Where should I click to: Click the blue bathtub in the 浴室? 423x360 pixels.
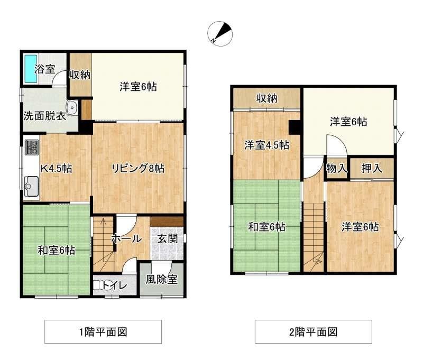pyautogui.click(x=31, y=69)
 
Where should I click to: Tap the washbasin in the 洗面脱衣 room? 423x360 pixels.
pyautogui.click(x=72, y=108)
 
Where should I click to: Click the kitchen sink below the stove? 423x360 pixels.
pyautogui.click(x=32, y=186)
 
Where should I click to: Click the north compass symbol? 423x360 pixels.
pyautogui.click(x=220, y=34)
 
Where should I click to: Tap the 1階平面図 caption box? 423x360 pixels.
pyautogui.click(x=103, y=331)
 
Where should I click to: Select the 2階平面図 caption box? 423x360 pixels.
pyautogui.click(x=314, y=331)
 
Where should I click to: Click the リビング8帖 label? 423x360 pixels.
pyautogui.click(x=138, y=168)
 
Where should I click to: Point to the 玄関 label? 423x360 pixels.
pyautogui.click(x=168, y=238)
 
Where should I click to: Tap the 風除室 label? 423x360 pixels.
pyautogui.click(x=162, y=279)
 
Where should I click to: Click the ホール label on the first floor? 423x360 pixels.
pyautogui.click(x=126, y=238)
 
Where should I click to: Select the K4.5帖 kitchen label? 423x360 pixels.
pyautogui.click(x=56, y=169)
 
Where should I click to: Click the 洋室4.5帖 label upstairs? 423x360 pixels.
pyautogui.click(x=267, y=145)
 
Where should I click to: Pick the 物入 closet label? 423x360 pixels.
pyautogui.click(x=336, y=169)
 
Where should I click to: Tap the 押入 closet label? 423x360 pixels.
pyautogui.click(x=372, y=168)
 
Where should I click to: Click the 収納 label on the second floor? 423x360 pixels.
pyautogui.click(x=267, y=98)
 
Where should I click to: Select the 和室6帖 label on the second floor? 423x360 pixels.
pyautogui.click(x=267, y=227)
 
